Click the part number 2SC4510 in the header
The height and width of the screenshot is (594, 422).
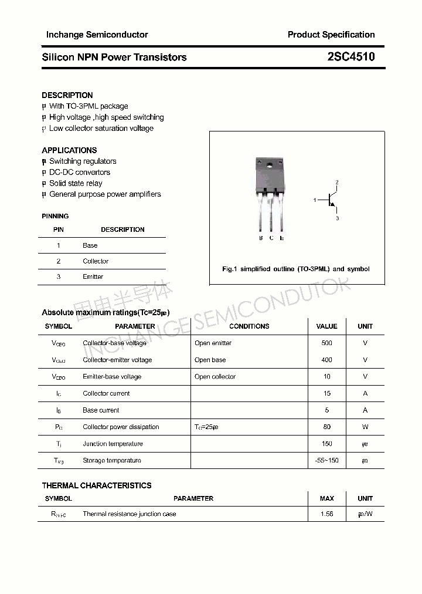tap(351, 57)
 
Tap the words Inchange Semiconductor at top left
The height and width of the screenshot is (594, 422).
tap(97, 35)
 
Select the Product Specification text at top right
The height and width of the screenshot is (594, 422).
tap(331, 35)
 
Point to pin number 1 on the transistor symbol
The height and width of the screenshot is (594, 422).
tap(315, 201)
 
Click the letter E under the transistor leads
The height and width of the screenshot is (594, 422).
tap(282, 238)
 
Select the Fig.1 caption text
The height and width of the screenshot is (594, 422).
tap(296, 269)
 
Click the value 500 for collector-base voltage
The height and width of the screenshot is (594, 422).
tap(326, 343)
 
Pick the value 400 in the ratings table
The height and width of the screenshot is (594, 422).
tap(326, 360)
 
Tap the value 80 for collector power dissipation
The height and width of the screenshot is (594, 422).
tap(326, 427)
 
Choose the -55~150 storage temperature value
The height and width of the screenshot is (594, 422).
tap(326, 461)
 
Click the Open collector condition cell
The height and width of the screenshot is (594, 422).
tap(215, 377)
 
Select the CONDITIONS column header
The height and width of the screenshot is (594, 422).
tap(249, 326)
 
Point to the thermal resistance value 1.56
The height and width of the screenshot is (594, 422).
tap(326, 514)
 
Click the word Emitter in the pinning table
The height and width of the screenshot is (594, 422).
tap(93, 276)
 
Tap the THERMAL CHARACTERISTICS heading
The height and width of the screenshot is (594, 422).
tap(97, 485)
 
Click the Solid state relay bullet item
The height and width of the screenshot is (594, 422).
tap(76, 183)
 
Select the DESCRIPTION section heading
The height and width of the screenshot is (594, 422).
tap(67, 95)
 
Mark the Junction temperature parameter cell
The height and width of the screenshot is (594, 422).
tap(113, 444)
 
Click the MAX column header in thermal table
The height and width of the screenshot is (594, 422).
tap(326, 498)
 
